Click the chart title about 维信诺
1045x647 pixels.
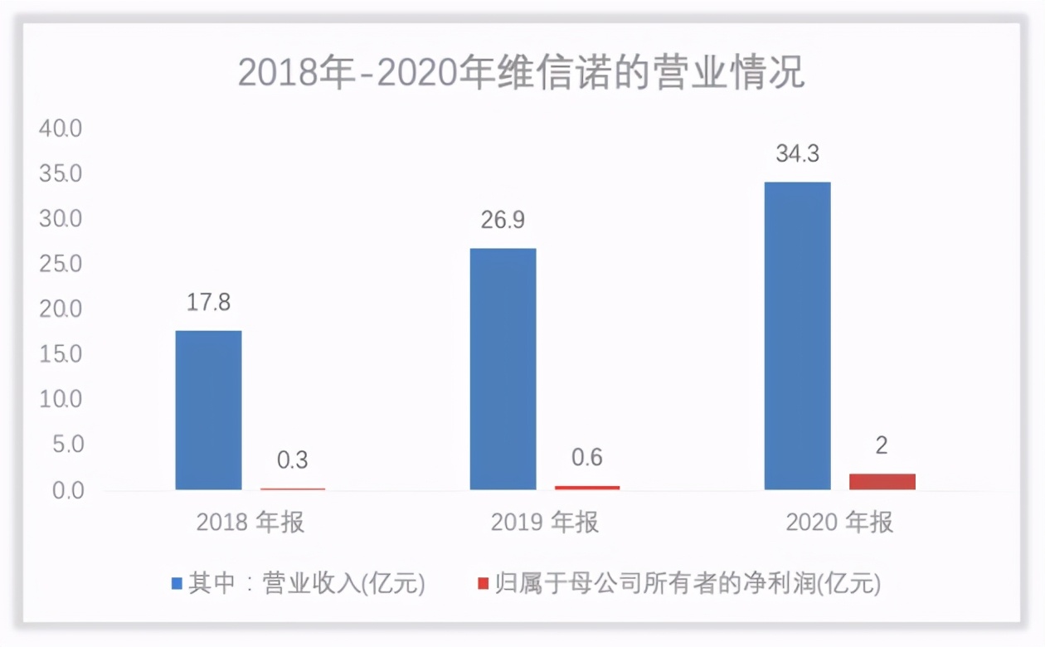(521, 74)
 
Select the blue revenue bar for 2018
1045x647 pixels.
(208, 410)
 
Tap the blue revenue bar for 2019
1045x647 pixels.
(503, 368)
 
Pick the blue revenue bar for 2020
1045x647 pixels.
(797, 335)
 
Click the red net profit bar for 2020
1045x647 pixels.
(882, 481)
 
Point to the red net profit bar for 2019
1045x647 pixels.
(587, 487)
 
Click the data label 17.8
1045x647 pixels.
(208, 303)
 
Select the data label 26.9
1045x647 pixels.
(503, 221)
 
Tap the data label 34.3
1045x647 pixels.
(797, 154)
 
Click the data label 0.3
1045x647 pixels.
(292, 460)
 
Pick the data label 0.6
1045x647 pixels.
(586, 457)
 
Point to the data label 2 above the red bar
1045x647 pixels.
(882, 446)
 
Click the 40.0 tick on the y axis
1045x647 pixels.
(60, 129)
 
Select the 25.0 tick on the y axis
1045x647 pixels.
(60, 265)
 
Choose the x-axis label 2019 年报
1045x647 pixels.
(545, 523)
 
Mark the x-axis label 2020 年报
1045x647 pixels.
(839, 523)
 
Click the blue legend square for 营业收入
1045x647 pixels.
(177, 584)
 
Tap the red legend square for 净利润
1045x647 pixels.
(483, 584)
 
